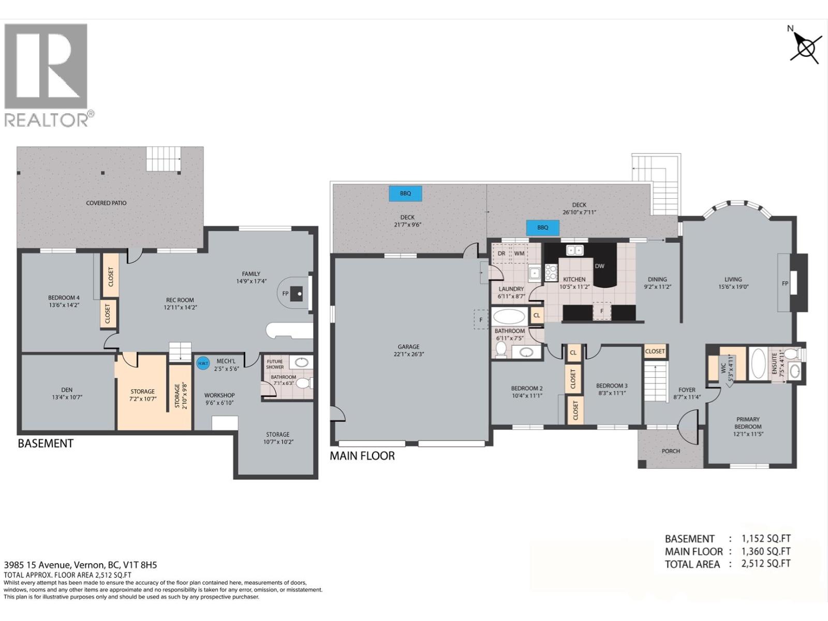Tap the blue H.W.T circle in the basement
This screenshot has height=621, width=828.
pyautogui.click(x=203, y=363)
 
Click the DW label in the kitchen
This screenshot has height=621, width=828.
pyautogui.click(x=599, y=266)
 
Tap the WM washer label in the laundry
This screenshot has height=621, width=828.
pyautogui.click(x=519, y=254)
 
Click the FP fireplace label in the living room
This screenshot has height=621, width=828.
pyautogui.click(x=785, y=283)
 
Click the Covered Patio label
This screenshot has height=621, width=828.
pyautogui.click(x=106, y=203)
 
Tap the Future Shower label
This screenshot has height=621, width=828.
pyautogui.click(x=275, y=364)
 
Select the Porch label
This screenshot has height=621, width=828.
pyautogui.click(x=671, y=451)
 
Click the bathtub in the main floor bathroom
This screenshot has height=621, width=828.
pyautogui.click(x=509, y=316)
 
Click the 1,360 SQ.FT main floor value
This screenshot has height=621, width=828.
pyautogui.click(x=766, y=552)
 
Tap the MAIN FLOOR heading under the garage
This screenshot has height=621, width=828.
pyautogui.click(x=362, y=456)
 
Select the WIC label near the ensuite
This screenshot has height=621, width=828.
pyautogui.click(x=723, y=368)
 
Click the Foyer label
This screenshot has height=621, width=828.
pyautogui.click(x=687, y=390)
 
